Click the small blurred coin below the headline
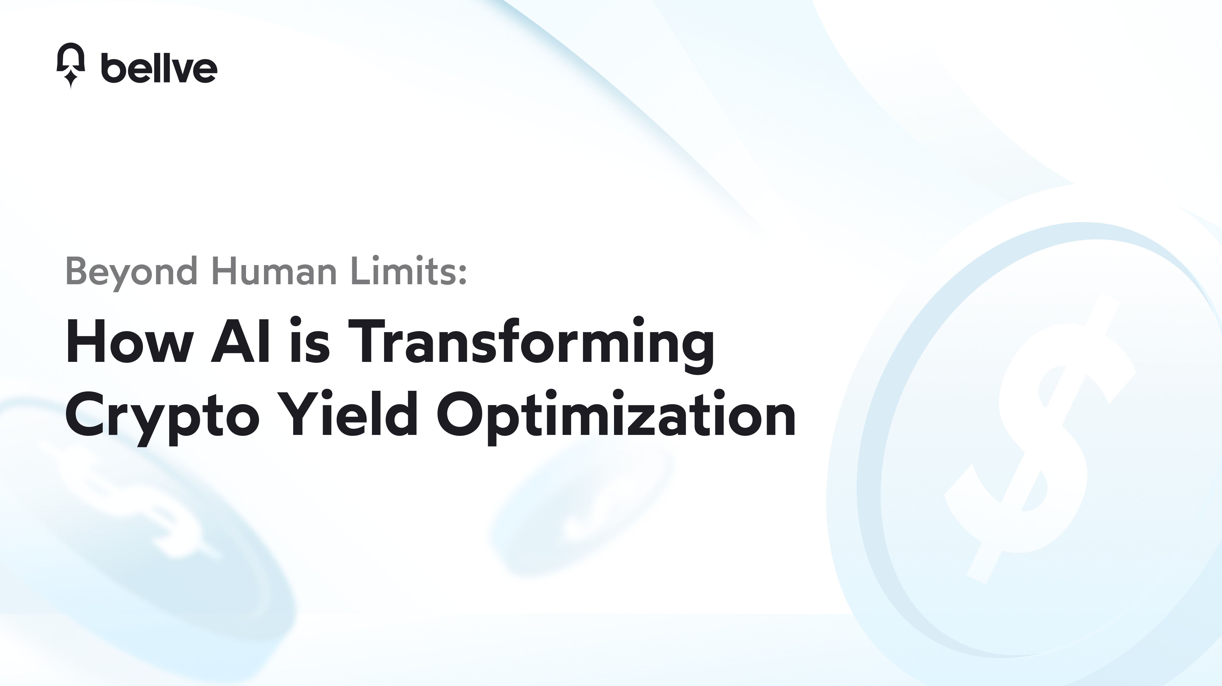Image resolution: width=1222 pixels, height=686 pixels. (584, 508)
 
